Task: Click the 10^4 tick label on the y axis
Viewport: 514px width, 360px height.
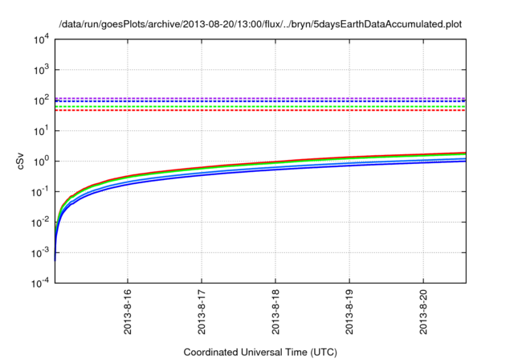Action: tap(40, 38)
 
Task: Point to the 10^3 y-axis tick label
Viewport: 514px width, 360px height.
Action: tap(40, 68)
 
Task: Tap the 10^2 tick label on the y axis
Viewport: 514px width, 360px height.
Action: tap(40, 99)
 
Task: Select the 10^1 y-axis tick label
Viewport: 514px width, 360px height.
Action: tap(40, 129)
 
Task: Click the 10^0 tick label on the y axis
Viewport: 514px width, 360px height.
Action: tap(40, 160)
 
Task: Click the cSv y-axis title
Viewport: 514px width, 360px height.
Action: tap(22, 161)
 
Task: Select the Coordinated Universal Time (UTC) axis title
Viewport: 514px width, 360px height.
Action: tap(260, 352)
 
